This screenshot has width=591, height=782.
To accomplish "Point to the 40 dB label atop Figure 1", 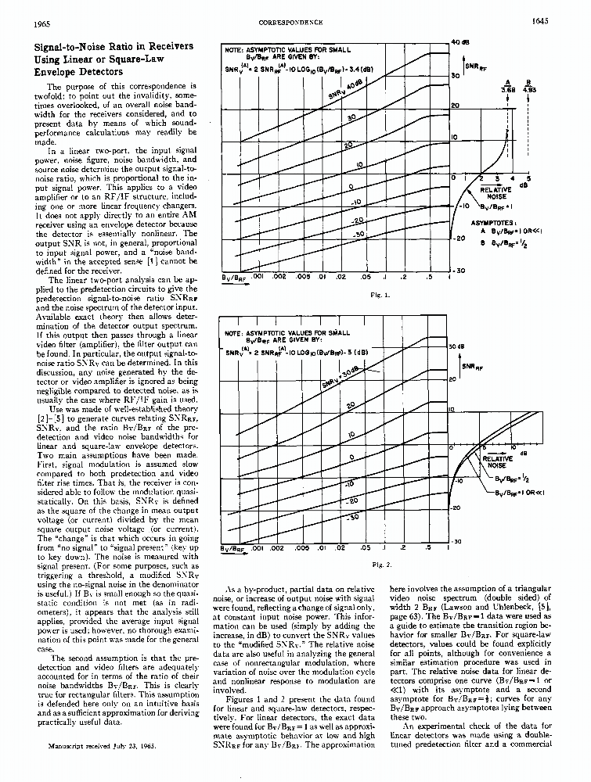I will pyautogui.click(x=459, y=41).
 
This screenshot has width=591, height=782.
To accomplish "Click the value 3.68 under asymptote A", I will pyautogui.click(x=508, y=90).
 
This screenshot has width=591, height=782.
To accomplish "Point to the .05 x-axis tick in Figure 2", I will pyautogui.click(x=366, y=548).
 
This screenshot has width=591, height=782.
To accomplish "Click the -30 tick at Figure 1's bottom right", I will pyautogui.click(x=459, y=271).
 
